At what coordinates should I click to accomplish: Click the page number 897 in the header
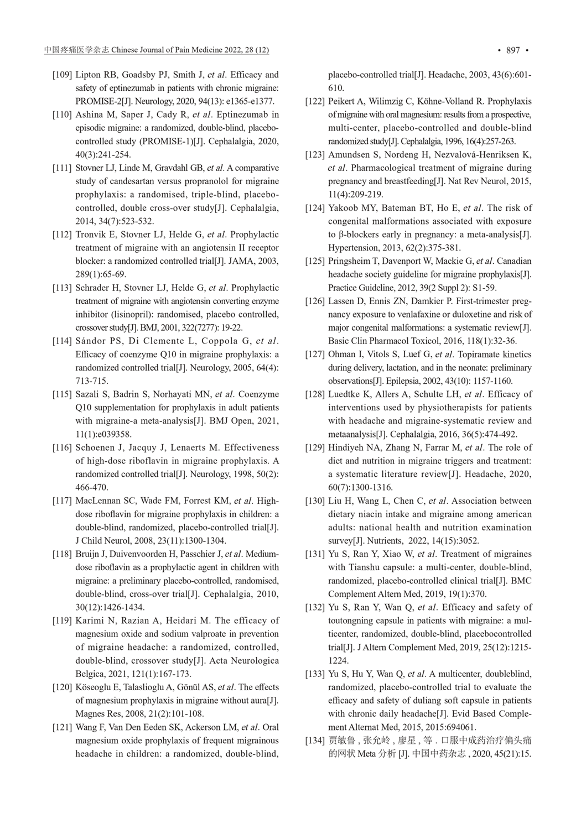[x=513, y=50]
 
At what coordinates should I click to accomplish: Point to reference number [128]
[x=315, y=394]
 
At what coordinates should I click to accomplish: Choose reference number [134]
[x=315, y=741]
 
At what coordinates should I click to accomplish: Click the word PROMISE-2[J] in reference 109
[x=100, y=101]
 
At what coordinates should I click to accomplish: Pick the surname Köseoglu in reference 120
[x=93, y=687]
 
